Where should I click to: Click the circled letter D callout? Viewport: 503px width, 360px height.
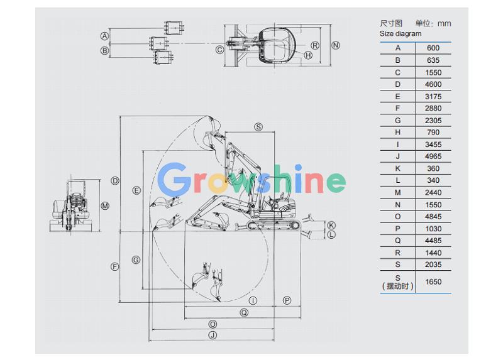coord(115,181)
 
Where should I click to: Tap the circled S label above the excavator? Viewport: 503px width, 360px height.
coord(258,127)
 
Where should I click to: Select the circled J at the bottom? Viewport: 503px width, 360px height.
coord(213,335)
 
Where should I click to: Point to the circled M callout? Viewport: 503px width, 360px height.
coord(105,206)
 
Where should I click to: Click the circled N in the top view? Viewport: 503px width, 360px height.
coord(336,45)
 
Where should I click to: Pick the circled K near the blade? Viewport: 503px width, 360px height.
coord(331,226)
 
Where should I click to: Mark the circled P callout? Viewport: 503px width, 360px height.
coord(287,300)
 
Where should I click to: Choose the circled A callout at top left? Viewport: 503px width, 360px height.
coord(104,36)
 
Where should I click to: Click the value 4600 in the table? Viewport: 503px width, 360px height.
coord(433,84)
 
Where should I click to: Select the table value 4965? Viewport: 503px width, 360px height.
coord(433,156)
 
